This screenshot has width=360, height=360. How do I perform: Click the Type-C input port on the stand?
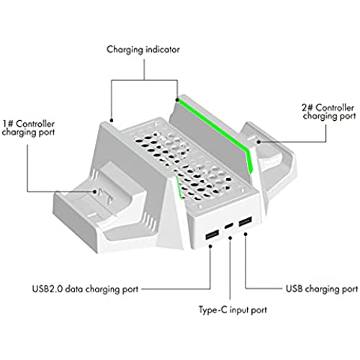tap(229, 226)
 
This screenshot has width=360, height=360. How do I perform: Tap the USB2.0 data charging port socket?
tap(212, 234)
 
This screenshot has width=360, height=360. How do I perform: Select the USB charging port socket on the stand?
tap(246, 221)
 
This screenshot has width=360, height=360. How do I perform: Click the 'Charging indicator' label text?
tap(143, 50)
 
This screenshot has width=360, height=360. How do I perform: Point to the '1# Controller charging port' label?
tap(28, 128)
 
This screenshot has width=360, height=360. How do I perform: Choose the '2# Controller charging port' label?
tap(329, 112)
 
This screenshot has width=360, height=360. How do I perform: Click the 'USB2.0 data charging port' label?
tap(85, 289)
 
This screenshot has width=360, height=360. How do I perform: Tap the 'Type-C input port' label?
tap(233, 310)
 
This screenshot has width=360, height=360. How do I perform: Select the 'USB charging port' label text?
tap(322, 289)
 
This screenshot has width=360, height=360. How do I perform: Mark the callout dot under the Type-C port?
tap(230, 238)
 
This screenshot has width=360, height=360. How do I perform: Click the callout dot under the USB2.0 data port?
tap(210, 246)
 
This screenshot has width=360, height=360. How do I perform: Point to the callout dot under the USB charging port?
tap(246, 234)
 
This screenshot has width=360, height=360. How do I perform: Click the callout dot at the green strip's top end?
tap(177, 100)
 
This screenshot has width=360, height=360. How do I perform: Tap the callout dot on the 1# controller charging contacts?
tap(95, 192)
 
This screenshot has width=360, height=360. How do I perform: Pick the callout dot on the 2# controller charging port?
tap(258, 142)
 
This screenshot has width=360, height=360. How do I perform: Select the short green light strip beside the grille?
tap(179, 186)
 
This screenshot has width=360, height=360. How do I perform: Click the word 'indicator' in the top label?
tap(163, 49)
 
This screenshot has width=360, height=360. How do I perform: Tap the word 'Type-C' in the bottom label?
tap(212, 310)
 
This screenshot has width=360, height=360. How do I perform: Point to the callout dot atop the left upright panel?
tap(111, 120)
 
